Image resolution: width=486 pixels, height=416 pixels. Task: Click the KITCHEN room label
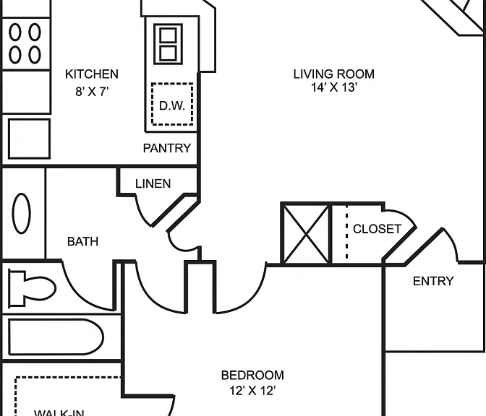point(92,74)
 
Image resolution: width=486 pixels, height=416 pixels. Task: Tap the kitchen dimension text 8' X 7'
point(92,92)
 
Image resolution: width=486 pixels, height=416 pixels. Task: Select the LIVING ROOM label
point(334,74)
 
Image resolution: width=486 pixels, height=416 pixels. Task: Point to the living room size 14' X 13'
point(334,87)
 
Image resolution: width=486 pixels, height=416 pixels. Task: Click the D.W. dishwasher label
point(172,106)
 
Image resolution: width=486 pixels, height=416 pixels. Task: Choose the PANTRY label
point(167,148)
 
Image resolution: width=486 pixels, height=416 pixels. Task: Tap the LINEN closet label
point(153,184)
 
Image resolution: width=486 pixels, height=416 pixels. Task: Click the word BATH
point(82,241)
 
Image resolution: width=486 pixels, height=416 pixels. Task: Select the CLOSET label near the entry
point(378,229)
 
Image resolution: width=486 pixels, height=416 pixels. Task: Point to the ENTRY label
point(433,281)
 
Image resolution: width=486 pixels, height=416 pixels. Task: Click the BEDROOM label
point(252,375)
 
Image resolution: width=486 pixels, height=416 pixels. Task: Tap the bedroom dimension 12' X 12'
point(252,391)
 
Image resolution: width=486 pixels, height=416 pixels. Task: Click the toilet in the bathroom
point(33,288)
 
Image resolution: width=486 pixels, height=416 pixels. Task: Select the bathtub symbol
point(56,337)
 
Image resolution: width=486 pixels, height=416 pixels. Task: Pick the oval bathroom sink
point(22,214)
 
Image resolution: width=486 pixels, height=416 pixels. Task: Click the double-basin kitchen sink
point(169,44)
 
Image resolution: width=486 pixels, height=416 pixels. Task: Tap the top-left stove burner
point(15,32)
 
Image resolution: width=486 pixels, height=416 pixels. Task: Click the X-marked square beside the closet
point(306,234)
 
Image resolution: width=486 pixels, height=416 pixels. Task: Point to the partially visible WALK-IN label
point(59,412)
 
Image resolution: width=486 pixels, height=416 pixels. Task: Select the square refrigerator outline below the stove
point(29,139)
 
